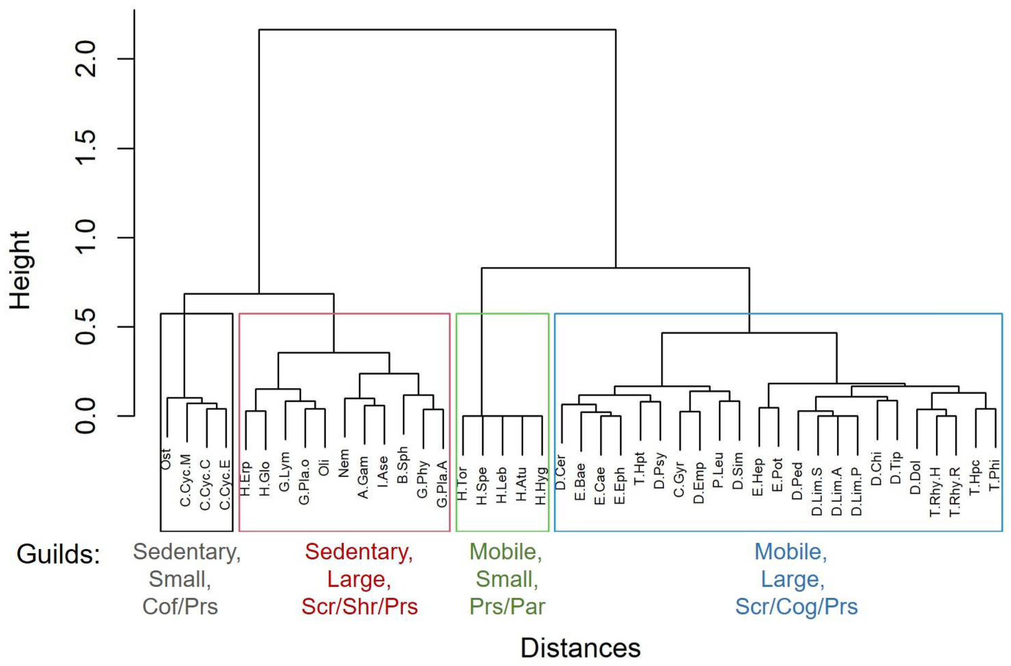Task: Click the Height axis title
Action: pyautogui.click(x=20, y=270)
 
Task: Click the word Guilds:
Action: pyautogui.click(x=58, y=554)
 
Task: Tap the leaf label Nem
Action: pyautogui.click(x=343, y=463)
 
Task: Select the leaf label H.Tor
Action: pyautogui.click(x=462, y=483)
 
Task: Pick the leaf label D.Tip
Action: pyautogui.click(x=896, y=468)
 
